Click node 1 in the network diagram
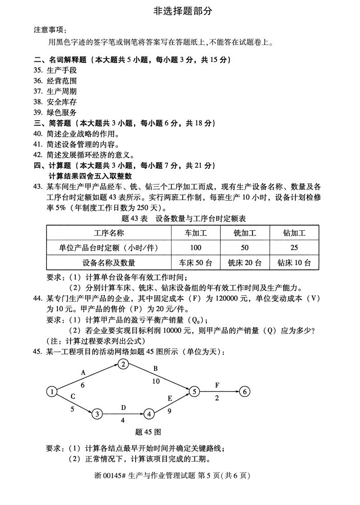[x=52, y=392]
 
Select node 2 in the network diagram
[x=123, y=364]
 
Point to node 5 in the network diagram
[x=194, y=392]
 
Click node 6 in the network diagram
[x=245, y=392]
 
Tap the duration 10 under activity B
[x=156, y=381]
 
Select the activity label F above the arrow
[x=217, y=384]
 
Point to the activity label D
[x=123, y=407]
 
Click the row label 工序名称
[x=109, y=233]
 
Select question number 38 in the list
[x=37, y=102]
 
